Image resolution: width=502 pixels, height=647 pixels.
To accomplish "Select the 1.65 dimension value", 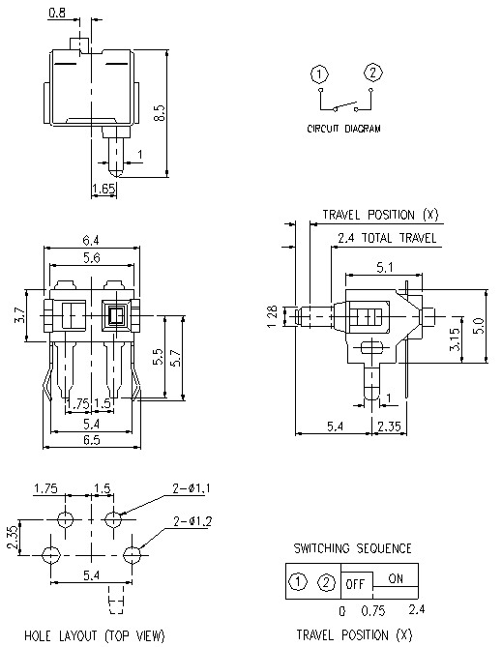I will (103, 189).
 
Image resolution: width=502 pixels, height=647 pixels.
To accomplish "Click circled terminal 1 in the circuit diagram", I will (318, 74).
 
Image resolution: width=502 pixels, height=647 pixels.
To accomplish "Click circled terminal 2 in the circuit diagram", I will (374, 73).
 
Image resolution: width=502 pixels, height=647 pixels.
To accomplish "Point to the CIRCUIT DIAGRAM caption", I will (344, 128).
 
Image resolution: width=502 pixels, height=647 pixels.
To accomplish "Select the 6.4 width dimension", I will (93, 241).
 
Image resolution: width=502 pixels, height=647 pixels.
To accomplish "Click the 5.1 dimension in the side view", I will (384, 267).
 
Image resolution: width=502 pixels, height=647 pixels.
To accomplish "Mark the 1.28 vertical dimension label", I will (273, 315).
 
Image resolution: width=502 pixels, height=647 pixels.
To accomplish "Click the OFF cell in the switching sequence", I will (355, 582).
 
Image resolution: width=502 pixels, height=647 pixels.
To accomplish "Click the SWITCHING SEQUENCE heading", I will (353, 548).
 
